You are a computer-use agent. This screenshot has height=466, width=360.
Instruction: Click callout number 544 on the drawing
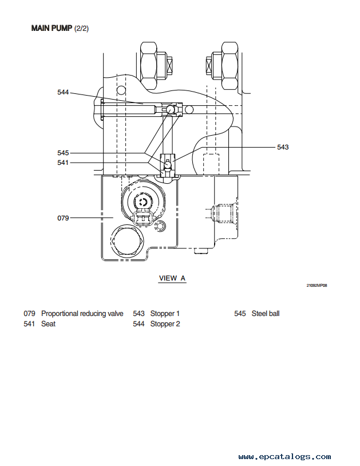pyautogui.click(x=63, y=92)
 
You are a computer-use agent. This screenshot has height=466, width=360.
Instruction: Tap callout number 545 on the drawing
pyautogui.click(x=63, y=153)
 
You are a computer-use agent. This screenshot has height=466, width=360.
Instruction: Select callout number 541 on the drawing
pyautogui.click(x=63, y=163)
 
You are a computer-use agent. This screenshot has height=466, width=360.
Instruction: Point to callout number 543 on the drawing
pyautogui.click(x=283, y=147)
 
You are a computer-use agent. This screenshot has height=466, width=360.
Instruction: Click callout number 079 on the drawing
pyautogui.click(x=63, y=218)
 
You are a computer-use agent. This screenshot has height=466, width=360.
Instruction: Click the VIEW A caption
pyautogui.click(x=172, y=278)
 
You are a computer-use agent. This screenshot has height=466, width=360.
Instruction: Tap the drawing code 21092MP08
pyautogui.click(x=317, y=285)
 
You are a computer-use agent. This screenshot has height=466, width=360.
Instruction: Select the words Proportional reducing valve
pyautogui.click(x=82, y=314)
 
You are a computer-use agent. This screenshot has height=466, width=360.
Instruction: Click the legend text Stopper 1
pyautogui.click(x=165, y=314)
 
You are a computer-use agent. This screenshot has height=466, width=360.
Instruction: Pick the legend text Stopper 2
pyautogui.click(x=165, y=323)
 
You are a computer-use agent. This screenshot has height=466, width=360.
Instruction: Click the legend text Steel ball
pyautogui.click(x=266, y=314)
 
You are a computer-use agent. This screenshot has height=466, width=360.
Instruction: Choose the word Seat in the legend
pyautogui.click(x=49, y=323)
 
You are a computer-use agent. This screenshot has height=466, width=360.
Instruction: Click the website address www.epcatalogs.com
pyautogui.click(x=284, y=456)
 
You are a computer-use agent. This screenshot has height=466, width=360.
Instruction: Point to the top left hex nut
pyautogui.click(x=148, y=66)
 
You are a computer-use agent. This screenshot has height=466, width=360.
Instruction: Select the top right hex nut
pyautogui.click(x=230, y=65)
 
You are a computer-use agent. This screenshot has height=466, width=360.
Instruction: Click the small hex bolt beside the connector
pyautogui.click(x=160, y=226)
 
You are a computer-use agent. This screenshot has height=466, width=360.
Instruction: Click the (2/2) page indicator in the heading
pyautogui.click(x=81, y=29)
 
